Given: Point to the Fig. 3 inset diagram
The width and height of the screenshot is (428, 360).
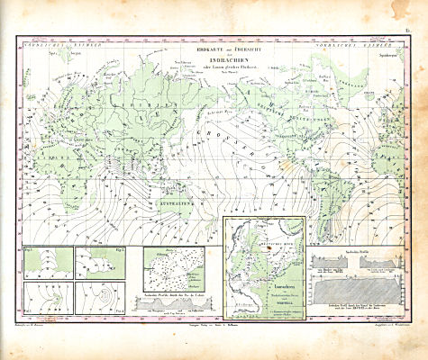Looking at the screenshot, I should pos(46,296).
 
